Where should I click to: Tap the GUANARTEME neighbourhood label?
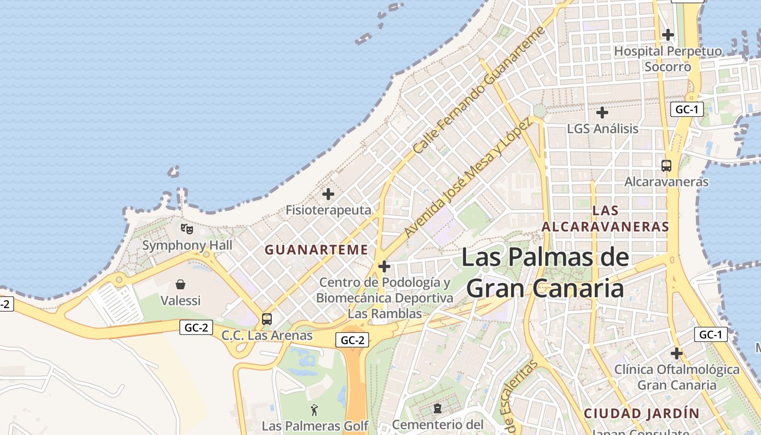pos(316,250)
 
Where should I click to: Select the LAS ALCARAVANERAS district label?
pos(605,219)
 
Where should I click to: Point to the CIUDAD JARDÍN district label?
pos(641,413)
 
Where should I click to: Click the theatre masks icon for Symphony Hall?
pos(186,228)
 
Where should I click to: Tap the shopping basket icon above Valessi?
pos(180,284)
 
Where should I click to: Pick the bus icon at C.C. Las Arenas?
pos(266,319)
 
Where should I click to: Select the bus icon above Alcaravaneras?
pos(666,165)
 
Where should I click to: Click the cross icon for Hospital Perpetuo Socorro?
pos(668,35)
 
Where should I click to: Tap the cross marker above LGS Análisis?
pos(602,113)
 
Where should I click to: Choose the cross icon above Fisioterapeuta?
pos(328,194)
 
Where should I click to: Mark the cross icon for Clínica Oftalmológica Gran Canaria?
pos(676,353)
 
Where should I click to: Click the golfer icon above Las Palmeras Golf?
pos(314,410)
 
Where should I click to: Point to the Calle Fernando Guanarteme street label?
pos(478,90)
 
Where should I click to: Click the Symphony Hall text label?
pos(187,245)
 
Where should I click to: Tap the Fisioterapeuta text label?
pos(328,210)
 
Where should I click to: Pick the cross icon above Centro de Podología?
pos(384,266)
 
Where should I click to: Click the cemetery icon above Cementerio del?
pos(437,408)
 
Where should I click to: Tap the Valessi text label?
pos(180,300)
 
